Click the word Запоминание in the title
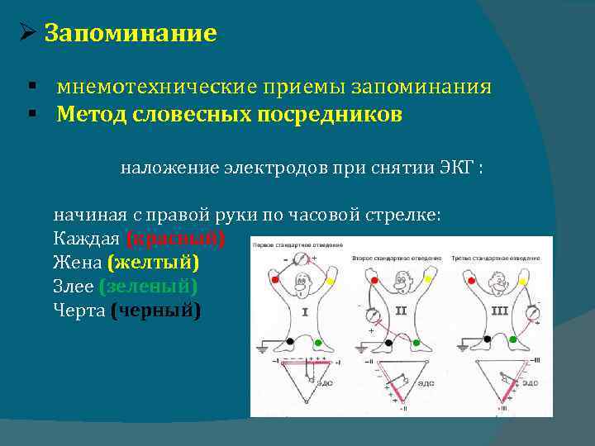coord(130,33)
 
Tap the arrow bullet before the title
coord(25,34)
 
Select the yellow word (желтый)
coord(153,263)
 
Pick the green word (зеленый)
coord(147,287)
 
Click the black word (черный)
coord(155,311)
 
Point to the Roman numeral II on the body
coord(401,311)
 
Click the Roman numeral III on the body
coord(500,311)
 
